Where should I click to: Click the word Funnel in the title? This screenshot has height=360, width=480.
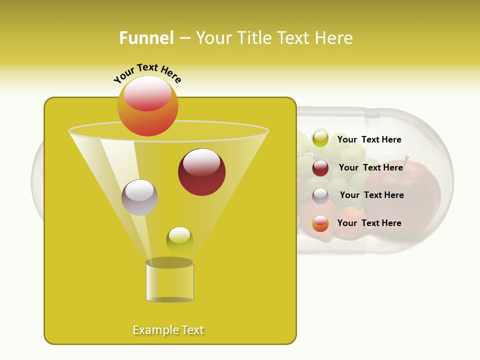point(146,38)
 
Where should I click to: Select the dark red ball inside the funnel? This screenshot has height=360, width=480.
point(201,172)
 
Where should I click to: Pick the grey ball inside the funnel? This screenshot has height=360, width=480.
point(139,197)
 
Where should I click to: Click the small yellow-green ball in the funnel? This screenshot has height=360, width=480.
point(179,240)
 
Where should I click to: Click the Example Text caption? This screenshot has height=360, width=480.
point(168,330)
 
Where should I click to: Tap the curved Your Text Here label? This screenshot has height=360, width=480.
point(147,72)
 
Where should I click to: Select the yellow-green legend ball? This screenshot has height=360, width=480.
point(320,139)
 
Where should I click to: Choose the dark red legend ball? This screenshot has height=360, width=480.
point(320,168)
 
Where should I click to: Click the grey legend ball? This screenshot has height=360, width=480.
point(320,196)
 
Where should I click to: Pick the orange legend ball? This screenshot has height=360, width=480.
point(320,224)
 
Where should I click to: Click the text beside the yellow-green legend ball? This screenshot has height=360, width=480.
point(369,140)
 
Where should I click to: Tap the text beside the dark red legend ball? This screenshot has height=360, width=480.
point(370,167)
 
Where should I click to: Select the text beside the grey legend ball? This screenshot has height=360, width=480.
point(371,195)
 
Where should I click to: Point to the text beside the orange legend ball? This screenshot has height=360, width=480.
point(369,223)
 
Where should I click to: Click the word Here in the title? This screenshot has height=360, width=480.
point(334,38)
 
